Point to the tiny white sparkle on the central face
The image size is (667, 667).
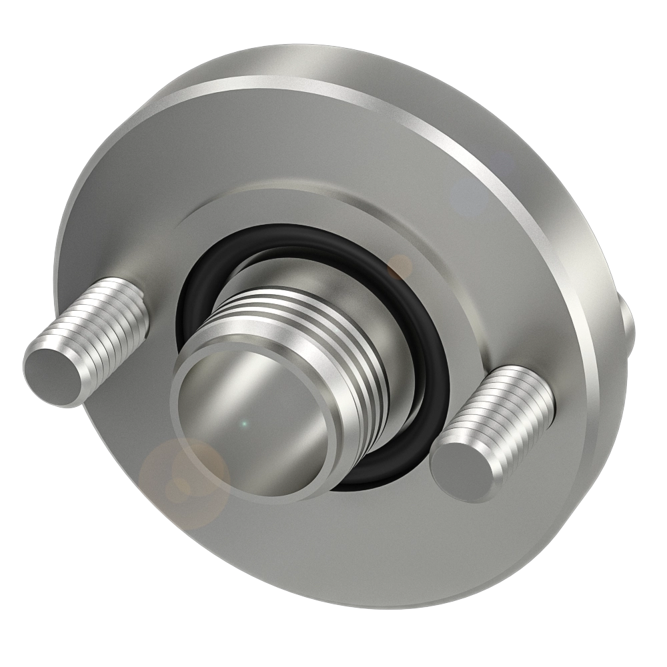coord(244,424)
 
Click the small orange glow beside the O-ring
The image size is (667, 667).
coord(400,267)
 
